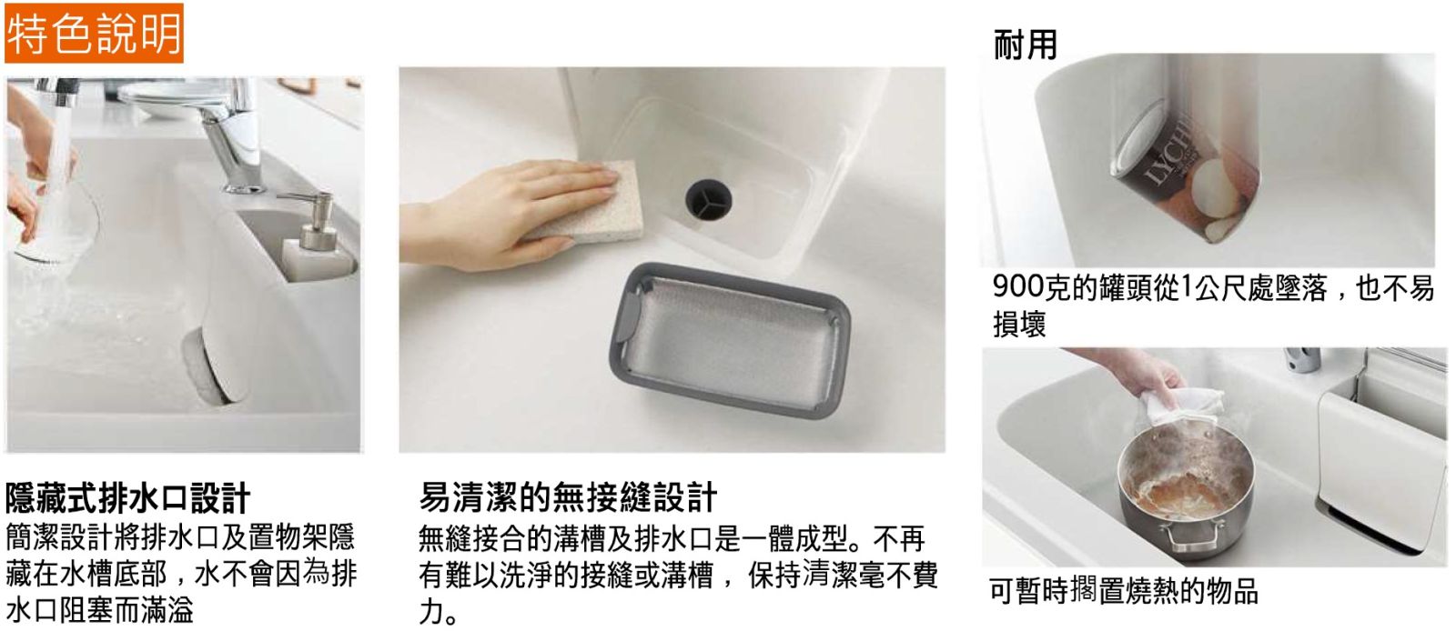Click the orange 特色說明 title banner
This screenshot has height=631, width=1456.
(x=94, y=33)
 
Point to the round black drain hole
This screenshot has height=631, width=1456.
(x=708, y=199)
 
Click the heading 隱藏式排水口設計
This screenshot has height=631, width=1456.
(x=127, y=498)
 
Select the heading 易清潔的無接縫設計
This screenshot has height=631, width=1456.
(x=568, y=497)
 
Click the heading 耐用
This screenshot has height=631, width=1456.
(x=1025, y=45)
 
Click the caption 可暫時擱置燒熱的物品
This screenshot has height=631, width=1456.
(x=1124, y=590)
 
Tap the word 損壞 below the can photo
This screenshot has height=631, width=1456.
(x=1019, y=324)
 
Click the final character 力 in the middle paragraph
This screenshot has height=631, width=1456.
(x=431, y=611)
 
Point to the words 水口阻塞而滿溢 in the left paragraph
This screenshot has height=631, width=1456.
(x=99, y=610)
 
